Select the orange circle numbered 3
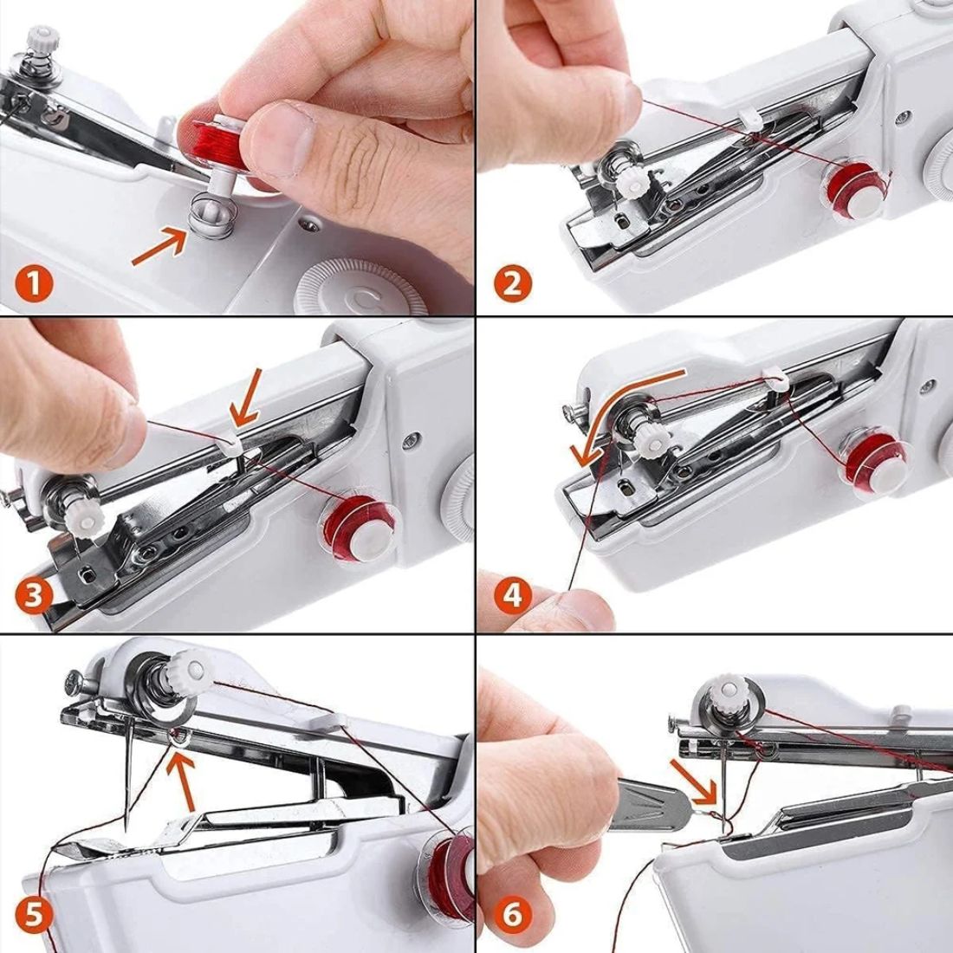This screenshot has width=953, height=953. coord(32,596)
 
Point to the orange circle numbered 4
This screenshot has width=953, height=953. coord(513,595)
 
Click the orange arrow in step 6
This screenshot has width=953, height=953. coord(693,776)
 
